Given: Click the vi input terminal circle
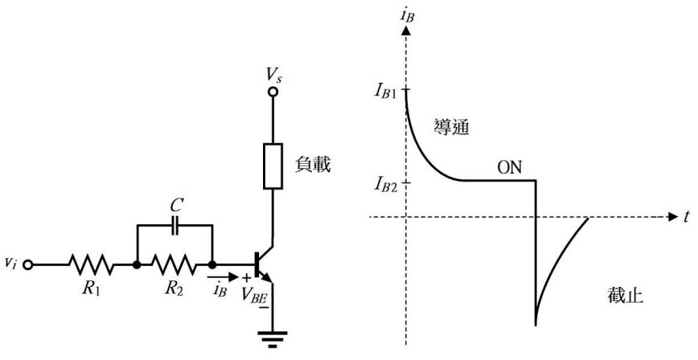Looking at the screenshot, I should coord(30,264).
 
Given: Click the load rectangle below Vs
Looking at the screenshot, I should coord(273,166).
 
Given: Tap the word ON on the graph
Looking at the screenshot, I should coord(509,168).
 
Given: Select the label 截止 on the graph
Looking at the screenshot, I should coord(625,295).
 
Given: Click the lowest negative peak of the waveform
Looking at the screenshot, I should coord(536,324).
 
